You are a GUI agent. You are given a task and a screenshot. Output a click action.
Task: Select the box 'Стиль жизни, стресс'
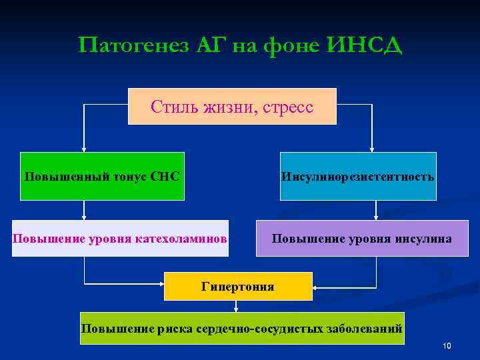click(232, 106)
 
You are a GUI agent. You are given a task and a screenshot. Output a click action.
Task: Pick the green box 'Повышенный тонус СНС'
click(101, 177)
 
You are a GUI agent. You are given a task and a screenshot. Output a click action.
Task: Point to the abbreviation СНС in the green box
click(165, 177)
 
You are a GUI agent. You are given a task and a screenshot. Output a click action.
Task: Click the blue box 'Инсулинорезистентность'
click(358, 177)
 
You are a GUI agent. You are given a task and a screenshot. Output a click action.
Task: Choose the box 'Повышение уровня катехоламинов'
click(120, 238)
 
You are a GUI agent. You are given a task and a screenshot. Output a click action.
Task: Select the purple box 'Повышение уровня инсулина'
click(362, 238)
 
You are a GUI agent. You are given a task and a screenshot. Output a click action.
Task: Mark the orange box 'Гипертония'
click(238, 287)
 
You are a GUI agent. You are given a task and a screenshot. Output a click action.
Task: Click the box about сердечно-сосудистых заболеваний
click(241, 328)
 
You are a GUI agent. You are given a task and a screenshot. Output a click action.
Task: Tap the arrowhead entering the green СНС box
click(84, 149)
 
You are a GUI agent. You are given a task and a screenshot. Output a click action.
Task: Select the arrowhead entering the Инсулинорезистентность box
click(372, 149)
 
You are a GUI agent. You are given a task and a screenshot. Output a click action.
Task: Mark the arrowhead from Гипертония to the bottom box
click(236, 308)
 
